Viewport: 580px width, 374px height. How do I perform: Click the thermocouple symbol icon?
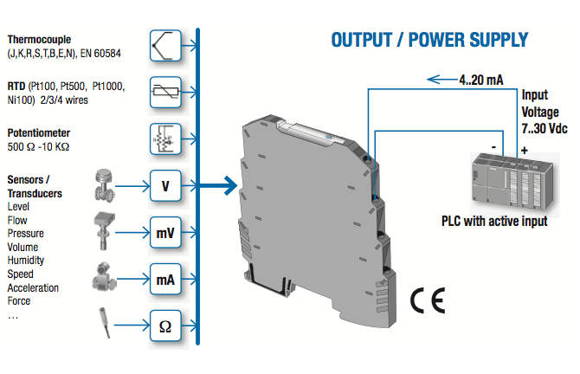[165, 46]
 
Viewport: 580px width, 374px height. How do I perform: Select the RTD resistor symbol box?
[165, 92]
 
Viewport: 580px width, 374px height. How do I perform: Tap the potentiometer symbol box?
[165, 139]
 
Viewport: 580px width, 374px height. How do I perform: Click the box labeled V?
[165, 186]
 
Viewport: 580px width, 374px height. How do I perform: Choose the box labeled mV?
[165, 232]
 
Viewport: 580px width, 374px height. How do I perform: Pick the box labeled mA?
[165, 280]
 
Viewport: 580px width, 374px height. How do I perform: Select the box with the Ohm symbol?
[165, 326]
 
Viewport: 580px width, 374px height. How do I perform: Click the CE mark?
[428, 300]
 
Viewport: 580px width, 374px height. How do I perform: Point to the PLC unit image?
[513, 183]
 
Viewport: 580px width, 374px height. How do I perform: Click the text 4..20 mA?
[480, 80]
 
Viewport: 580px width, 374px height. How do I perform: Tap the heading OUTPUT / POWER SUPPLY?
[429, 40]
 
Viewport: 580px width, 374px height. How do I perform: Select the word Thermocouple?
[39, 40]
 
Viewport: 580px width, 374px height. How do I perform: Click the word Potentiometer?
[38, 132]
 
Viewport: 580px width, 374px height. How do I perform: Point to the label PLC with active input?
[494, 222]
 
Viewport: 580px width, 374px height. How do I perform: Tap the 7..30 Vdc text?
[545, 129]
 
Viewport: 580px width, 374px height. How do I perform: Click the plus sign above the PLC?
[524, 151]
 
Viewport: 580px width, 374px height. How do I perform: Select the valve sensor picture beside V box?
[104, 185]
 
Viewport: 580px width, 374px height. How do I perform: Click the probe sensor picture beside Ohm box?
[104, 323]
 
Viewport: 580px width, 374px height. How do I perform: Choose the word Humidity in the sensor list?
[25, 261]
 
